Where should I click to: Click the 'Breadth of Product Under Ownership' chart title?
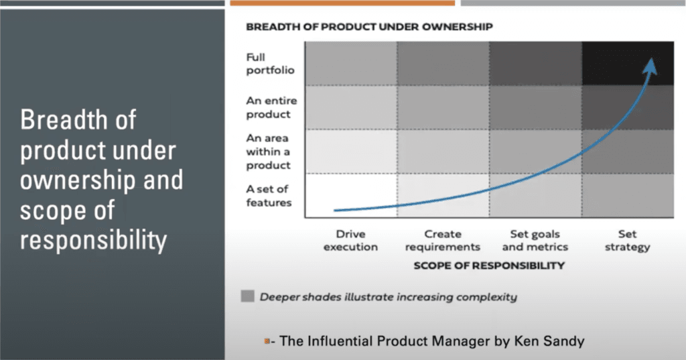tap(369, 27)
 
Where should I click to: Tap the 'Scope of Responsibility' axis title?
tap(489, 265)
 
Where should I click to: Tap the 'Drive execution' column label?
tap(350, 240)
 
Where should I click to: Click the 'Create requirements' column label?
tap(443, 240)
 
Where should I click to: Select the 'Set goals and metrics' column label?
tap(535, 240)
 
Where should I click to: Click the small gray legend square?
tap(247, 296)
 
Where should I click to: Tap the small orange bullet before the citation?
tap(267, 342)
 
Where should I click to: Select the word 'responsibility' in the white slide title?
tap(93, 240)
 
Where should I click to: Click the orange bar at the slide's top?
tap(342, 3)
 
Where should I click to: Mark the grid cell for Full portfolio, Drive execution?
tap(350, 63)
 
